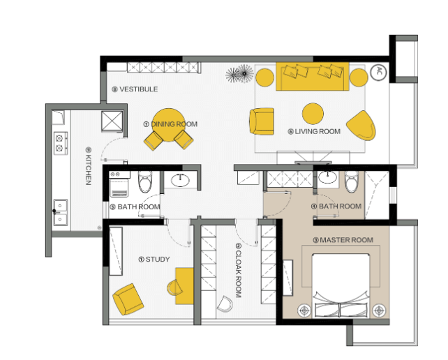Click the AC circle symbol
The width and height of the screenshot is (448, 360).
pyautogui.click(x=379, y=72)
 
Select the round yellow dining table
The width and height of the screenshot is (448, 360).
pyautogui.click(x=169, y=125)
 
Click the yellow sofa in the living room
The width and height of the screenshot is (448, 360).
pyautogui.click(x=313, y=76)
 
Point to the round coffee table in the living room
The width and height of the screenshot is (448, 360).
pyautogui.click(x=313, y=114)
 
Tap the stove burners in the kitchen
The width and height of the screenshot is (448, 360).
pyautogui.click(x=61, y=143)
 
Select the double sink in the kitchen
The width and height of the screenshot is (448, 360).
pyautogui.click(x=61, y=213)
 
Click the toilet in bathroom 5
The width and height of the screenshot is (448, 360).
pyautogui.click(x=145, y=181)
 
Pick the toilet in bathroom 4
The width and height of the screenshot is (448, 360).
pyautogui.click(x=352, y=181)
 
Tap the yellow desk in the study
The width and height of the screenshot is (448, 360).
pyautogui.click(x=184, y=286)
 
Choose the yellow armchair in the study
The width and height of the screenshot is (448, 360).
pyautogui.click(x=128, y=299)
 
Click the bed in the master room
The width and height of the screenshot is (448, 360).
pyautogui.click(x=341, y=285)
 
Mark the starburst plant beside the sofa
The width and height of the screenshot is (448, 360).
pyautogui.click(x=240, y=74)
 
